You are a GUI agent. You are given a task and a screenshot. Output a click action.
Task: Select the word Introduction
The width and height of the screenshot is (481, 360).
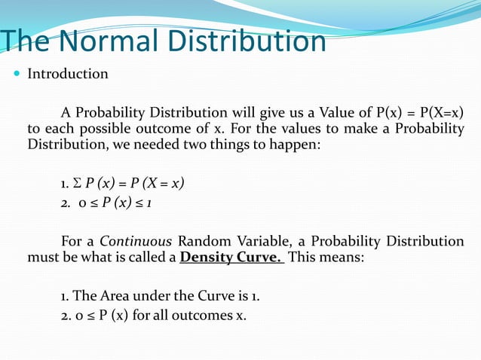coord(68,75)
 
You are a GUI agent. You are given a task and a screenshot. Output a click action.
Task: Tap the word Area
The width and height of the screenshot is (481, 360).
coord(122,296)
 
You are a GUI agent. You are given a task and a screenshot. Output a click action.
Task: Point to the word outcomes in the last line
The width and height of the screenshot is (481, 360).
coord(203,314)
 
